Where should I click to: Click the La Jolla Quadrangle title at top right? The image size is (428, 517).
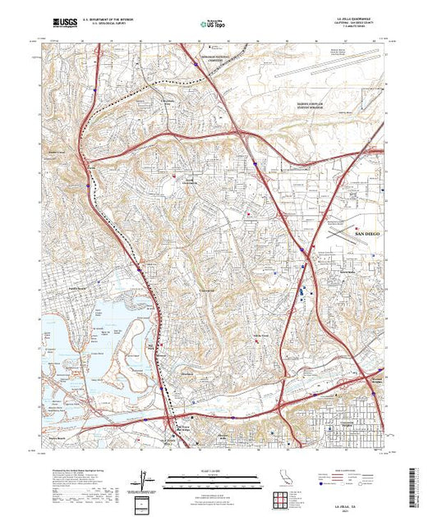tap(348, 16)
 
